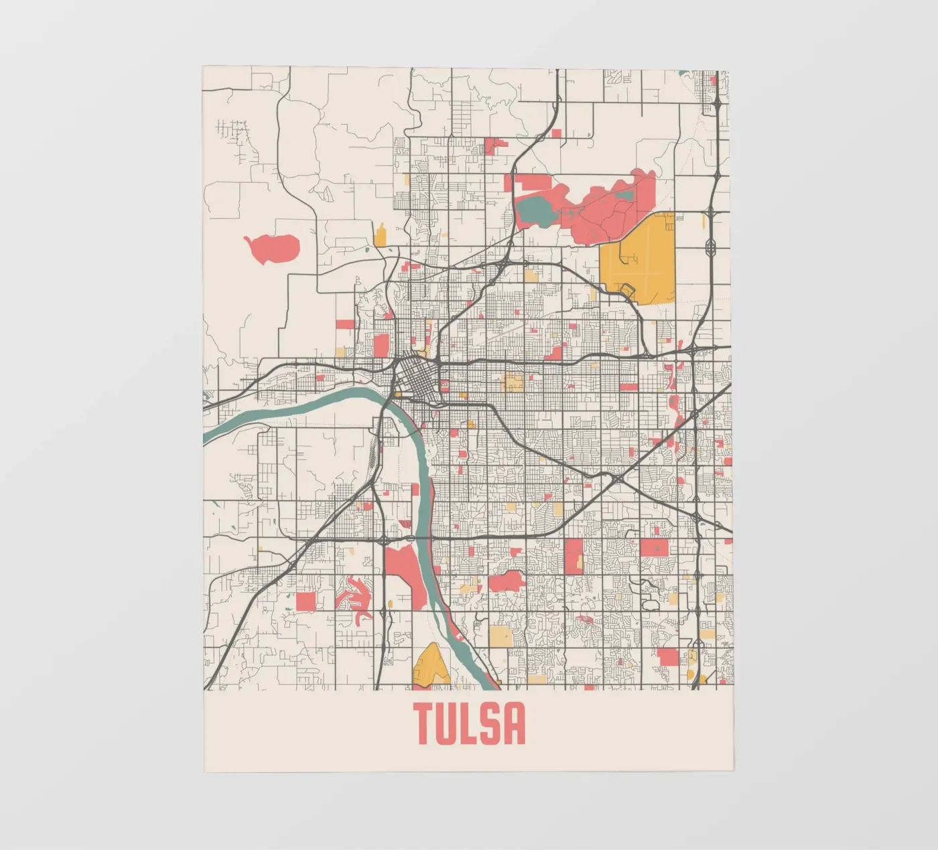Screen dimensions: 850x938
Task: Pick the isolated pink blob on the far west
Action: click(272, 247)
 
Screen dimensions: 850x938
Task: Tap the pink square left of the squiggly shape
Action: click(306, 601)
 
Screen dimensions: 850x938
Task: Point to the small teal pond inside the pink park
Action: click(624, 195)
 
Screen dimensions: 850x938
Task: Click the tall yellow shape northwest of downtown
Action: click(381, 236)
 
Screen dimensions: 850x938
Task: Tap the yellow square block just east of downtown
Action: click(514, 384)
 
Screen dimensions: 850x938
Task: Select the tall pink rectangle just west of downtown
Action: click(381, 346)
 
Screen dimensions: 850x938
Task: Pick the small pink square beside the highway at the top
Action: click(556, 133)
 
